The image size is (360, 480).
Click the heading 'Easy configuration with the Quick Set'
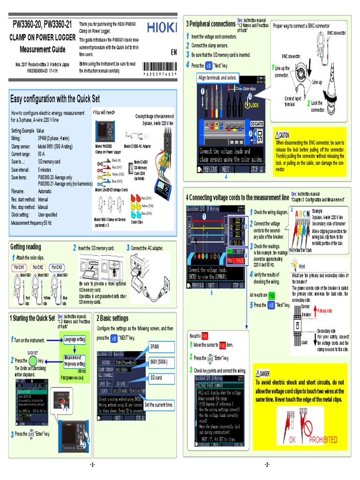pyautogui.click(x=55, y=98)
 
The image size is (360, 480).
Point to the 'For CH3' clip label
pyautogui.click(x=60, y=267)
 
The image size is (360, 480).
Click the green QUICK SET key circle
pyautogui.click(x=32, y=361)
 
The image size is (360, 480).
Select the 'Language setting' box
pyautogui.click(x=75, y=339)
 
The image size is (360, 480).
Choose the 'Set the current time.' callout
pyautogui.click(x=159, y=404)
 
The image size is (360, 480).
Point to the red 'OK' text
pyautogui.click(x=293, y=439)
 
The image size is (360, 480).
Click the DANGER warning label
pyautogui.click(x=265, y=373)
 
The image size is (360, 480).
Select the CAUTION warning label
pyautogui.click(x=285, y=135)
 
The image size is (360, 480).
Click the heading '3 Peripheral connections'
pyautogui.click(x=210, y=24)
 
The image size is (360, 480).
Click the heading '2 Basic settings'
pyautogui.click(x=112, y=318)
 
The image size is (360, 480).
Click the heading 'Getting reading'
pyautogui.click(x=26, y=247)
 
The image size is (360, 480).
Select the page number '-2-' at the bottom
pyautogui.click(x=267, y=465)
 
